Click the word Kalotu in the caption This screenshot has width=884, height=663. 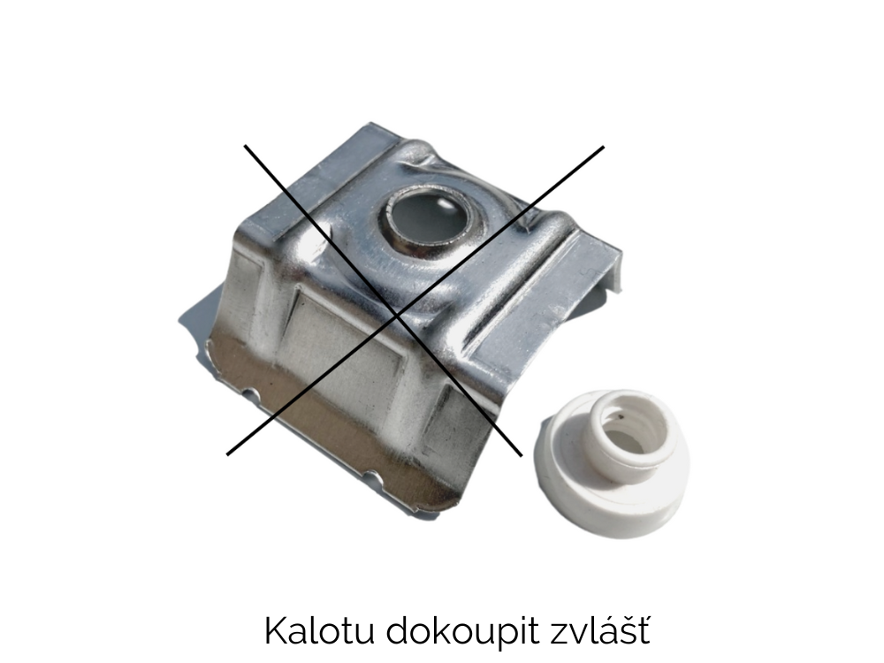(319, 631)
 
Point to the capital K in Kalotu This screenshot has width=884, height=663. (276, 631)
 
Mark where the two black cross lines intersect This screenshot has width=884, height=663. (399, 316)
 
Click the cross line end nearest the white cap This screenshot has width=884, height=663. (521, 454)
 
